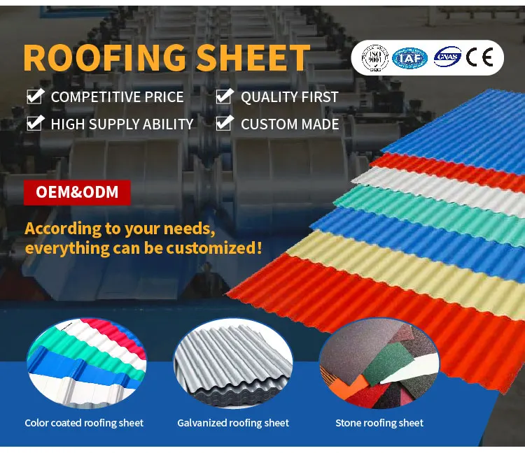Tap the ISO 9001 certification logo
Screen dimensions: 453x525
coord(374,57)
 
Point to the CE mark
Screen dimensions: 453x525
coord(481,57)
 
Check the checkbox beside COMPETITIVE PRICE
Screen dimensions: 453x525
coord(35,96)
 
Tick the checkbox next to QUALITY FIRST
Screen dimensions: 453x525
coord(224,96)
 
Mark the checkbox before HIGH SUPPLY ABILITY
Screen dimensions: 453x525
coord(35,124)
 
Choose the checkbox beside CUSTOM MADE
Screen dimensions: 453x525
coord(224,124)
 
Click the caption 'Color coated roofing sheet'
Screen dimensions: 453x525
coord(84,423)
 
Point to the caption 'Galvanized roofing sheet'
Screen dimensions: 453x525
coord(233,423)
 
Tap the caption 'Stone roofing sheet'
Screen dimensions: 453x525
coord(379,423)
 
